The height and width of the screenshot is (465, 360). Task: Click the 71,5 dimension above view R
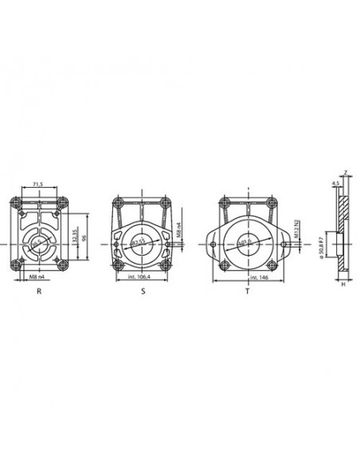38,184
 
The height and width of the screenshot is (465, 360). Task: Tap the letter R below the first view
38,292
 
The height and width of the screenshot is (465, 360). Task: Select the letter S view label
142,292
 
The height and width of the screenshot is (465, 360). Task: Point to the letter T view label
247,292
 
